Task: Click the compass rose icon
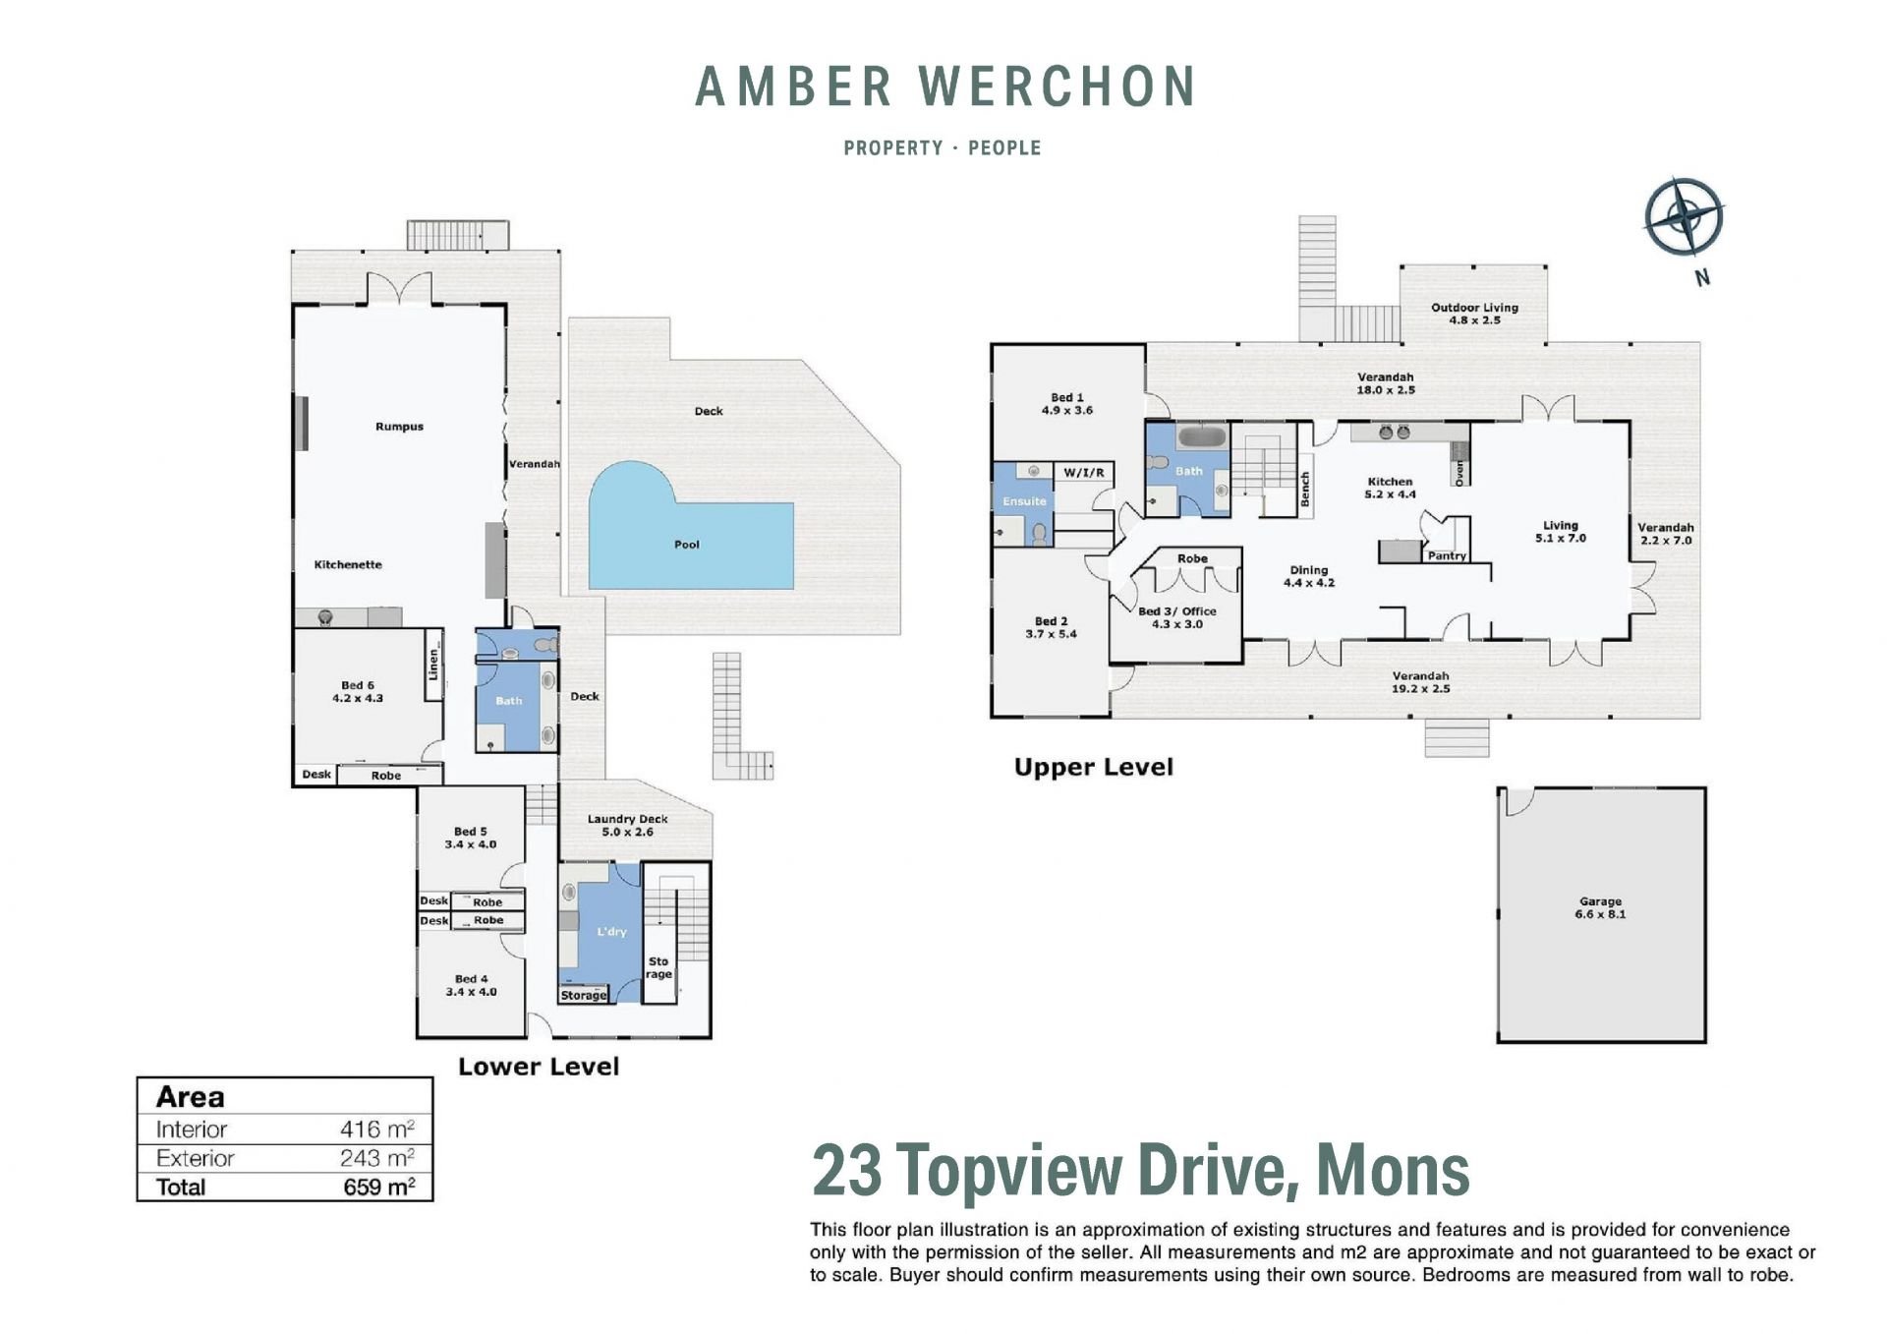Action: coord(1684,216)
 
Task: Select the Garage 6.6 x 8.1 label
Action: coord(1600,907)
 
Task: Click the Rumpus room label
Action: coord(399,427)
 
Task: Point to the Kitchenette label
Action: coord(348,564)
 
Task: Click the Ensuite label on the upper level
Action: coord(1024,501)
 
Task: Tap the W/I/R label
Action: coord(1084,473)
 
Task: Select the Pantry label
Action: coord(1447,556)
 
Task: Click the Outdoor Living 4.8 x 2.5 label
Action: coord(1474,314)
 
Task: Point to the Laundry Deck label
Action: coord(627,819)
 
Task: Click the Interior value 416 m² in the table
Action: coord(377,1130)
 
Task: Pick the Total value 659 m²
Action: coord(378,1187)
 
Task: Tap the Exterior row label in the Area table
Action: coord(196,1158)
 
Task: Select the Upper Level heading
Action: coord(1094,768)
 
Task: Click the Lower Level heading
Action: coord(539,1067)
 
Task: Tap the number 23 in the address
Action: coord(846,1170)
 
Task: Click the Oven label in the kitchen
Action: coord(1459,473)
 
